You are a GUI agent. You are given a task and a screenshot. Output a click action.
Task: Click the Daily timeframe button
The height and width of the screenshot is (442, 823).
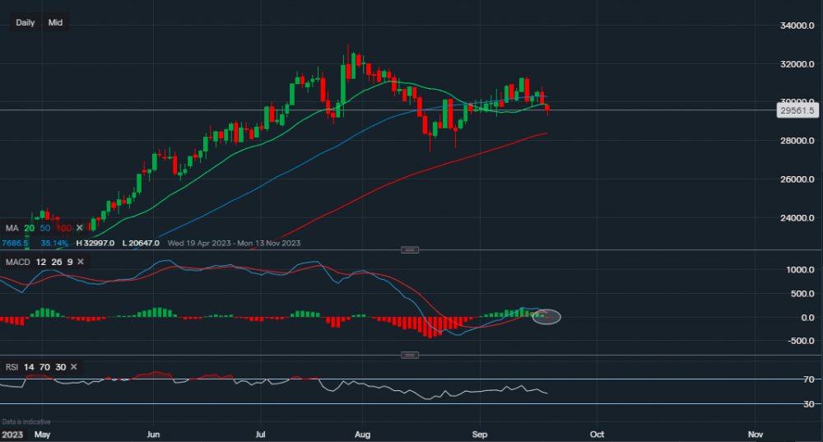[26, 22]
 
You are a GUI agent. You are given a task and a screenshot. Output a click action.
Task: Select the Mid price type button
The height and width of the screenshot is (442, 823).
[56, 22]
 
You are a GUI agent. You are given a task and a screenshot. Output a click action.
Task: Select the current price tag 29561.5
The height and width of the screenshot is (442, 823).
[796, 110]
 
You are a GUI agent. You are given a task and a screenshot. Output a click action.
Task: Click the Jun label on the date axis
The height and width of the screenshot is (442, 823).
[153, 434]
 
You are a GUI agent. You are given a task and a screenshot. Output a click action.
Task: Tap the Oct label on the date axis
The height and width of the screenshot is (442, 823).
[597, 434]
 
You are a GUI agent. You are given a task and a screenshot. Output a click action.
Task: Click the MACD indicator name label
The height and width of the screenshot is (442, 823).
[18, 261]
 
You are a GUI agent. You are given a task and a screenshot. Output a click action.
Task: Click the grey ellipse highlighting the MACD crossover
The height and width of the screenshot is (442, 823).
[547, 316]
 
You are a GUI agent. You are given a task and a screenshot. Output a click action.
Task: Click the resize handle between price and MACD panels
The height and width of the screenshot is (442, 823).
[410, 249]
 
